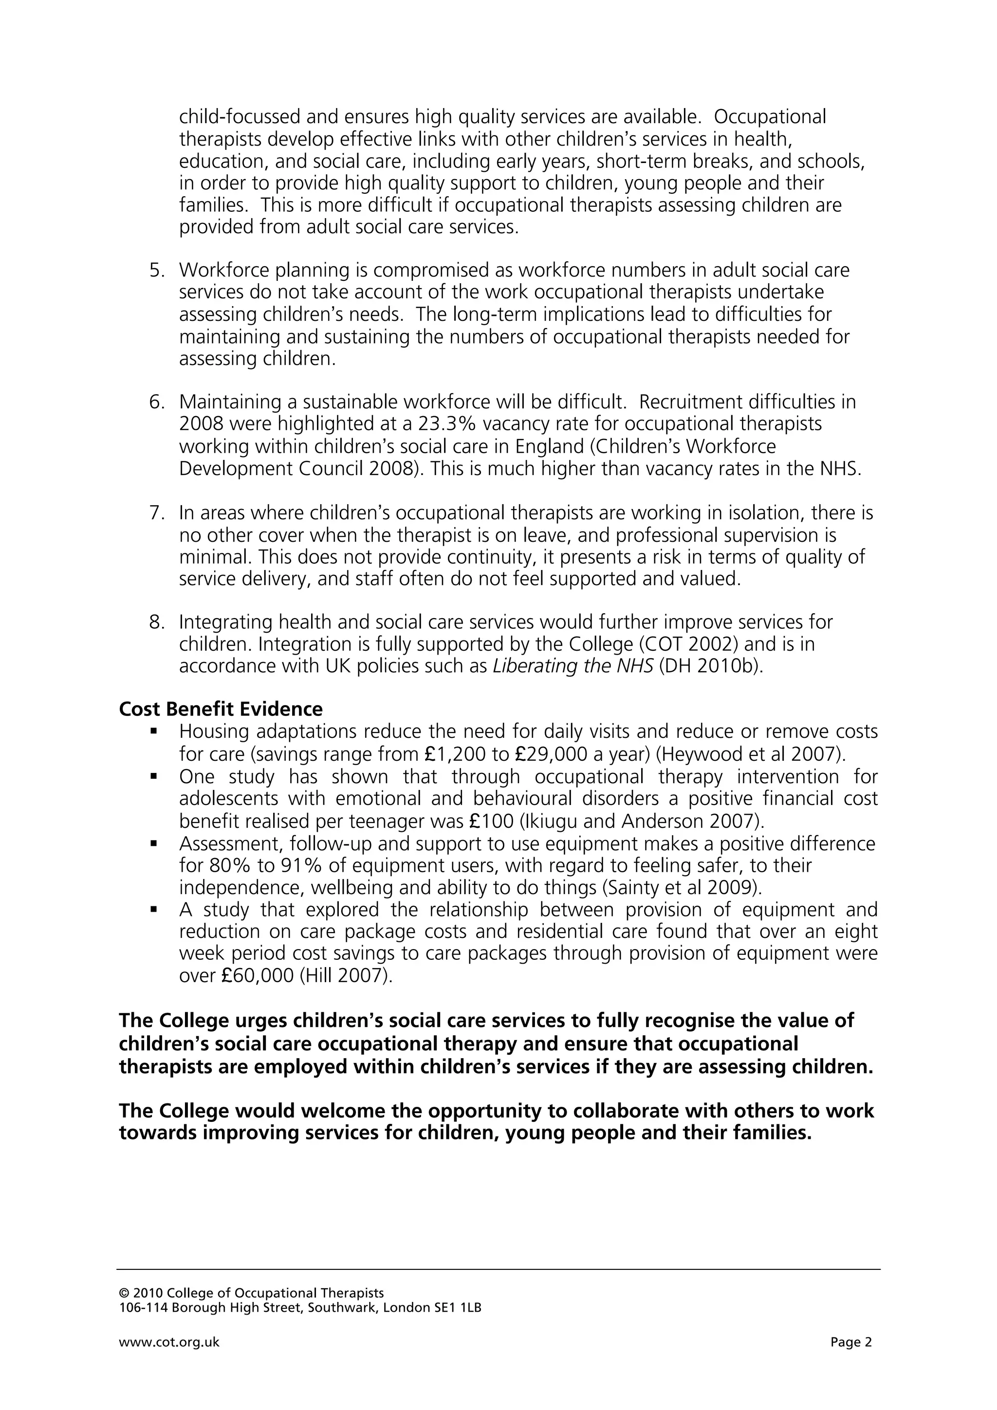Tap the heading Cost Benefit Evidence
[221, 709]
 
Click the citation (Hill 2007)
[346, 976]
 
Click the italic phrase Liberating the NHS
[573, 667]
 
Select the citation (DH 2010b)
[711, 667]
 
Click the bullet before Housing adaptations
[153, 732]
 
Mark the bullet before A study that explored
[153, 910]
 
